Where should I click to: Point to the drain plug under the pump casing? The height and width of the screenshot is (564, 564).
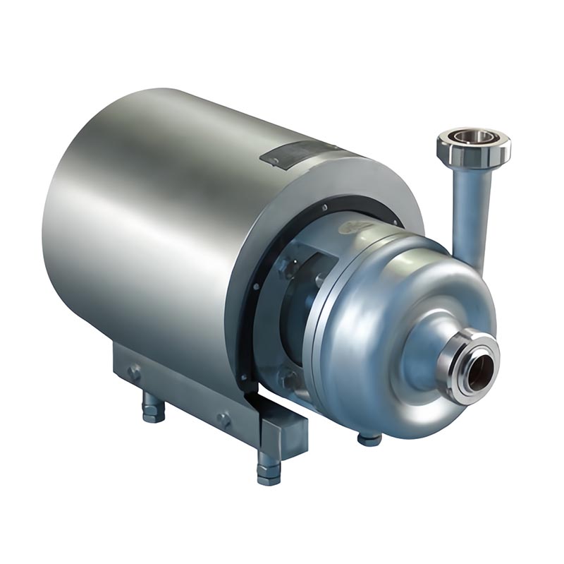369,438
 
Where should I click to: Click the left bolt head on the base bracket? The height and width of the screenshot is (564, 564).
133,372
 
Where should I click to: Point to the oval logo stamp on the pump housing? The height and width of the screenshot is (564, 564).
350,227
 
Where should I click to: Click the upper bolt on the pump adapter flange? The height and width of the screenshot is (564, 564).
288,266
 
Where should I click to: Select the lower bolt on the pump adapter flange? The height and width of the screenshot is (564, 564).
288,378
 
